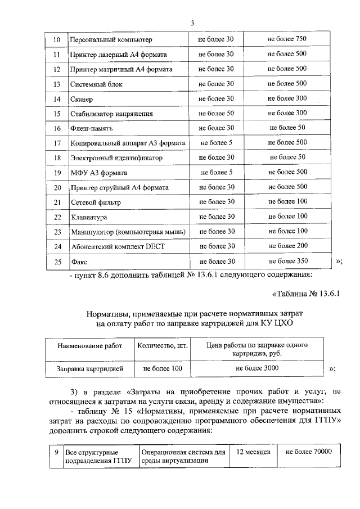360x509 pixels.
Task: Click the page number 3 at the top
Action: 192,23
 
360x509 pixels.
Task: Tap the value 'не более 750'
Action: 287,39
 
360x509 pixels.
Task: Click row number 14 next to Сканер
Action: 56,99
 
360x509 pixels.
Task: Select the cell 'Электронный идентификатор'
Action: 116,158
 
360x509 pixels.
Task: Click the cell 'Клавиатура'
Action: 89,217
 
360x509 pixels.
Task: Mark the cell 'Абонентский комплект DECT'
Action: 118,246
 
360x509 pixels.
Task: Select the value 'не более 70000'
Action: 309,452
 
